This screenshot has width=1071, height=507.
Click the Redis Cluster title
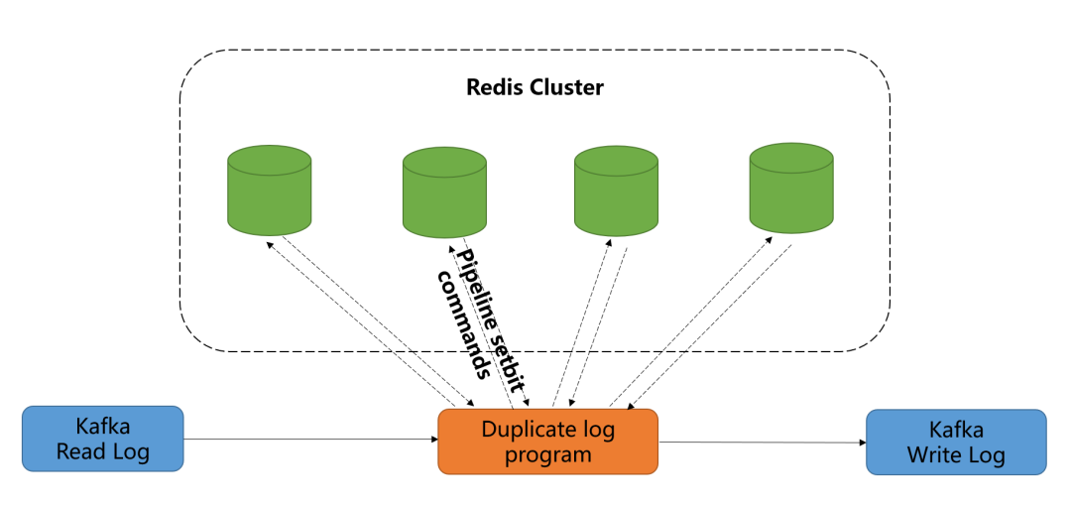[535, 87]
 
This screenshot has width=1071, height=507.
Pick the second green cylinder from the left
[444, 193]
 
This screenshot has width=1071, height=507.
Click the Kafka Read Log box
[102, 439]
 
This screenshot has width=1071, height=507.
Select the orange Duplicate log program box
[547, 442]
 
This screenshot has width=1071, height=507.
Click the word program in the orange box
[547, 454]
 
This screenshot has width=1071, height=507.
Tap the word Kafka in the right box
[956, 430]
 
